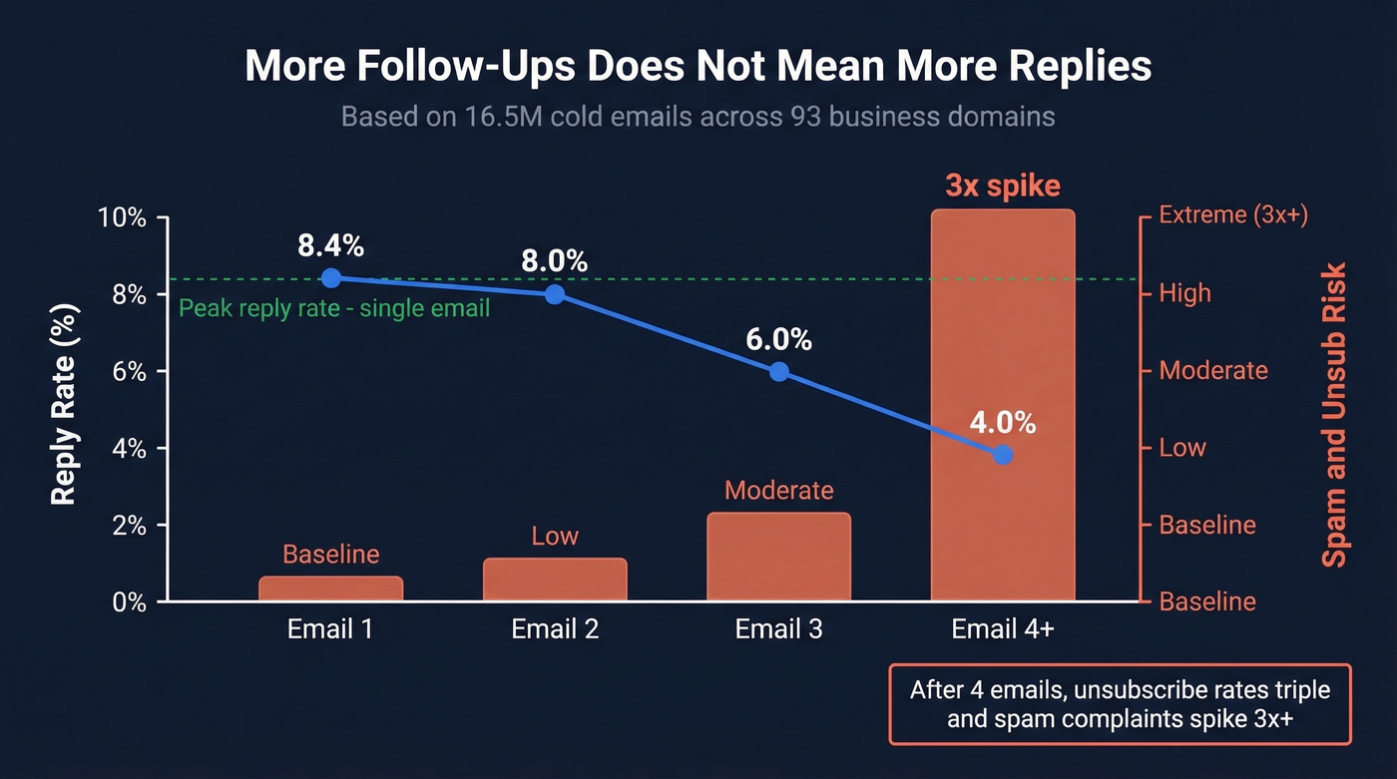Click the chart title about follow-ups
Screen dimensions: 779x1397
tap(698, 66)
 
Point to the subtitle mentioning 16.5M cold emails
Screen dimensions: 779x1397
tap(698, 117)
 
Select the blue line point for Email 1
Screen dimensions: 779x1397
tap(331, 278)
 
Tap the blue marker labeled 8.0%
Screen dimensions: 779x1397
tap(555, 294)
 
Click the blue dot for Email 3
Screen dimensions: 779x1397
tap(779, 372)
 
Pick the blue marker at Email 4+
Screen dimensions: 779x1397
tap(1003, 455)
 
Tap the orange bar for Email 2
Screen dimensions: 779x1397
tap(555, 580)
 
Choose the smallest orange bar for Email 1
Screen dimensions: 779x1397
tap(331, 588)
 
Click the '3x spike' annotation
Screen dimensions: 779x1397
tap(1003, 187)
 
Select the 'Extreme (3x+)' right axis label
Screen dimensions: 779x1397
tap(1232, 214)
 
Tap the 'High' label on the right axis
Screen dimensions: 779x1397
tap(1184, 293)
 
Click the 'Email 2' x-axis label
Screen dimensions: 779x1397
tap(555, 630)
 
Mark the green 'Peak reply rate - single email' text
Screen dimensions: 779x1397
tap(334, 308)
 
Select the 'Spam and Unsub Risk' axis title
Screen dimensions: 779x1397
tap(1333, 414)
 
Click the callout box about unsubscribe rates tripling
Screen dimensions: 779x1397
tap(1120, 704)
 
